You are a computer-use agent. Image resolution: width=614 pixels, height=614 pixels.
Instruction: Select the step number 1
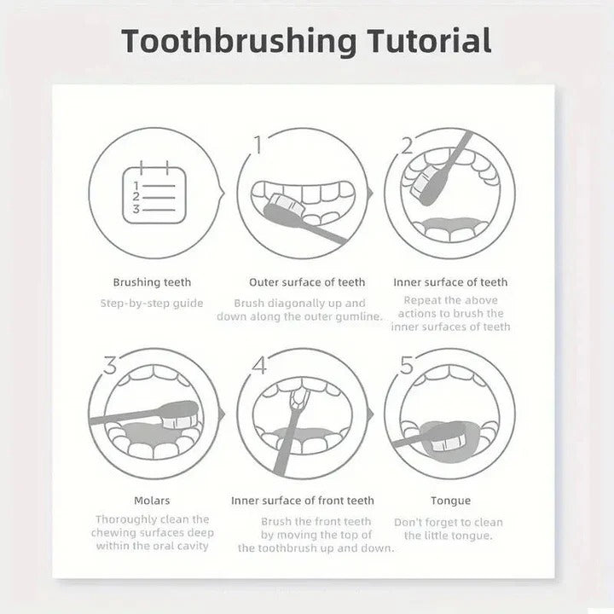258,145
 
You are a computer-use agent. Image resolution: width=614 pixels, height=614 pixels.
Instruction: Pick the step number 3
110,366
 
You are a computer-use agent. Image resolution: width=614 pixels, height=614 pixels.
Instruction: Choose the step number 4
259,366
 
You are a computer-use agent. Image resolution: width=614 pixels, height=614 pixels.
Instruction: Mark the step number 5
407,366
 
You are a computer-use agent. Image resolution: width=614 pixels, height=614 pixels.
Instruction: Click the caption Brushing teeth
153,282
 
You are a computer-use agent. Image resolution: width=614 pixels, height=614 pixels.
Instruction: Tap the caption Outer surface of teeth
307,282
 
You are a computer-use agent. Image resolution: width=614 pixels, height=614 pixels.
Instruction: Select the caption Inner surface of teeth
450,282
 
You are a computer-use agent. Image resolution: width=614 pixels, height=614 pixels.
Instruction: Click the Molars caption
152,501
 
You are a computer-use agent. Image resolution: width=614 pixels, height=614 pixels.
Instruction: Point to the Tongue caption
450,501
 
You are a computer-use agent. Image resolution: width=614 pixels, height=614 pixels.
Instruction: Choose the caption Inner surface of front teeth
303,501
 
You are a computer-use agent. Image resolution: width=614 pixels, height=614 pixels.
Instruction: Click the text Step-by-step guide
153,303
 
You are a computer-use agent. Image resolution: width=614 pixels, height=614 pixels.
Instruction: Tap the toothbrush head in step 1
282,206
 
